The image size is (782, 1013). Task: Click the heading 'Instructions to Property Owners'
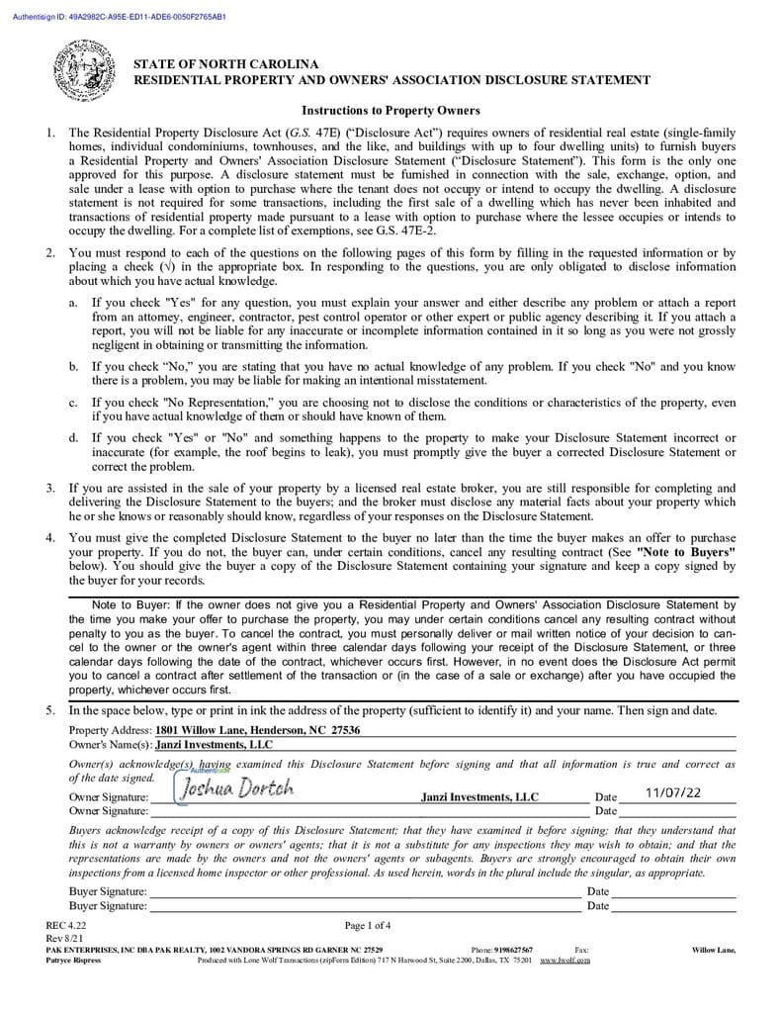pos(391,110)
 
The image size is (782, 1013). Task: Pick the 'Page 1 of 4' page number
pos(368,926)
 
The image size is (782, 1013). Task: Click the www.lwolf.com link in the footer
pos(565,960)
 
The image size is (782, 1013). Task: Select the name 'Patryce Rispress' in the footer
pos(73,960)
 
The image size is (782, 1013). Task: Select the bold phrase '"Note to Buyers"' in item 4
pos(686,550)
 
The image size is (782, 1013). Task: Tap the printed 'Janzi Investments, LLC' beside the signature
pos(479,796)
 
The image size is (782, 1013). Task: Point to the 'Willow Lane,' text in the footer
pos(713,950)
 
